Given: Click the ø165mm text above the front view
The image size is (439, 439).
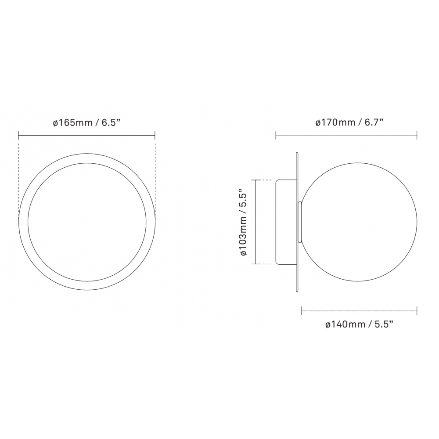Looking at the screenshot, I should click(x=72, y=122).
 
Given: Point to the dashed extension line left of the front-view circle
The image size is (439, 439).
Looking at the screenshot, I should click(x=19, y=176).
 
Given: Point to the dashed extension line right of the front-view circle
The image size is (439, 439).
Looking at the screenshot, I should click(x=155, y=176).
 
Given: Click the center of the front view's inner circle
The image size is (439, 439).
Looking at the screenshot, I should click(x=87, y=222).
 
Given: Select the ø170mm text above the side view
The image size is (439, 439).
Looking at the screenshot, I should click(x=335, y=122).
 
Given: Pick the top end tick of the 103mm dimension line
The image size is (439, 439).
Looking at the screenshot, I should click(x=255, y=180).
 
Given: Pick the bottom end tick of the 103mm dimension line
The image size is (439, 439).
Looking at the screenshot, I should click(x=255, y=264).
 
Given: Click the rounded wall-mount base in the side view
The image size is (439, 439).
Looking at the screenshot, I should click(x=285, y=222).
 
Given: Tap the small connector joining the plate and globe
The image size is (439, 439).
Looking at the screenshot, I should click(x=300, y=222).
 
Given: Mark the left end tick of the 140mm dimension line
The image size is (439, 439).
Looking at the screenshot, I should click(x=302, y=311).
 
